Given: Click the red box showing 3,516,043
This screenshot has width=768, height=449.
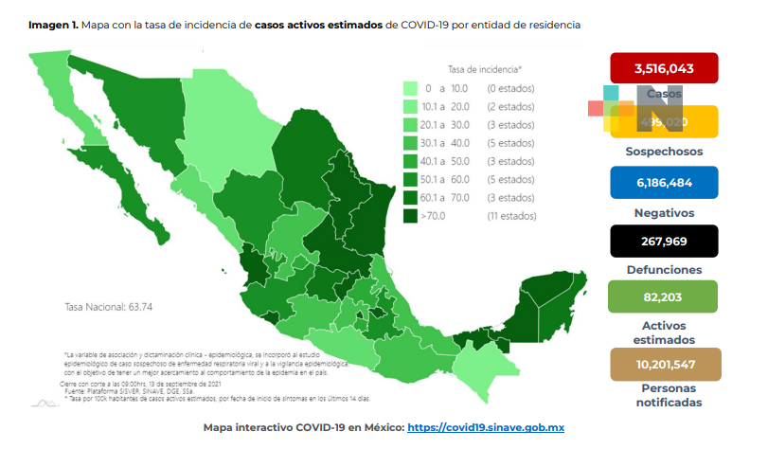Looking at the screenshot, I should coord(664,66).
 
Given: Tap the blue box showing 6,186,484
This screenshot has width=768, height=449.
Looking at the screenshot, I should coord(664,182).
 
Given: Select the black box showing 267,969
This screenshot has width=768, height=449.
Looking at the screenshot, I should coord(664,241).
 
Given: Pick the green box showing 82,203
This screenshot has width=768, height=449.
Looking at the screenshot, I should coord(664,297).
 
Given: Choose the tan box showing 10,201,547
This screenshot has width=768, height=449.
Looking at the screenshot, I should coord(664,364).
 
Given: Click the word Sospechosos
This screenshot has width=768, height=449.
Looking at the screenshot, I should coord(664,152).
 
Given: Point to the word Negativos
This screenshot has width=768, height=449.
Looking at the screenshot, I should coord(664,212).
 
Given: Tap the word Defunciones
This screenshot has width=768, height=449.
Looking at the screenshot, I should coord(664,269).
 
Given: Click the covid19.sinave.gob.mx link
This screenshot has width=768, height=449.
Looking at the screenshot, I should coord(486,428).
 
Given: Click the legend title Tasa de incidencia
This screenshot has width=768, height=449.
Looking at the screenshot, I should coord(484,69).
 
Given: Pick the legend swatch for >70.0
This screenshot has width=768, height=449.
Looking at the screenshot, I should coord(411,217).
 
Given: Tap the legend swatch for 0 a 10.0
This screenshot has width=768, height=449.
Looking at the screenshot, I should coord(411,88).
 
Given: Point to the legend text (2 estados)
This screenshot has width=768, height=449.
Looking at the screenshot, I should coord(510,106).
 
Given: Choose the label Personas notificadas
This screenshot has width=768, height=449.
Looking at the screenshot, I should coord(664,395).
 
